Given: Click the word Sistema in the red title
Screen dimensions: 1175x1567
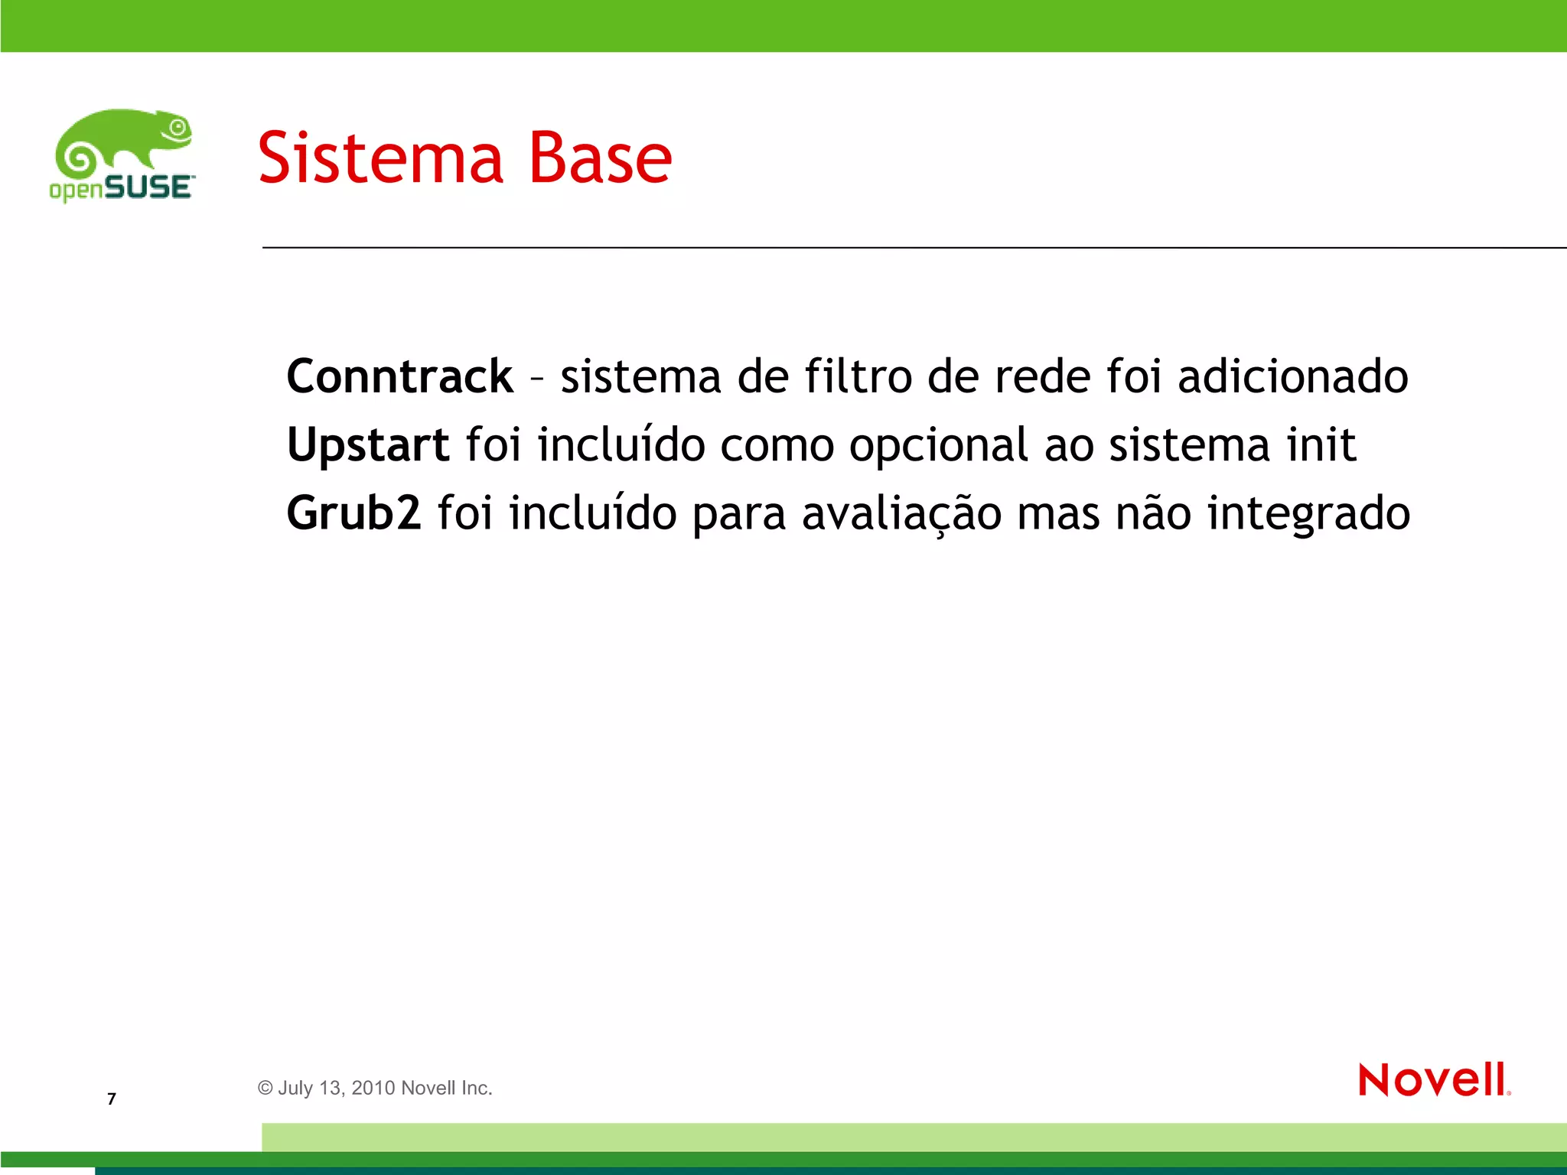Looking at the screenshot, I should (x=380, y=158).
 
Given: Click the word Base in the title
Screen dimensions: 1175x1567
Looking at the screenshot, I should (x=600, y=158).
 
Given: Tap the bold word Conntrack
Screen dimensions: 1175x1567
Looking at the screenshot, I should (x=399, y=376).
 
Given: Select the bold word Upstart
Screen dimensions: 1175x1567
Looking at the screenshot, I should (x=367, y=445).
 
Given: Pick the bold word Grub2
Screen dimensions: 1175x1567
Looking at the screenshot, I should (x=353, y=513).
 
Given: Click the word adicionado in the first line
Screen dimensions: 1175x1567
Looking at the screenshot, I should (x=1292, y=376).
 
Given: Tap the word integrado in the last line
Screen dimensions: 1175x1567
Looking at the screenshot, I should (x=1308, y=514).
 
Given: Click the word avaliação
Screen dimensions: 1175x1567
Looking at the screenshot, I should (x=901, y=514).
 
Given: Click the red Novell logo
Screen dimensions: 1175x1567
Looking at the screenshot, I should (x=1433, y=1079).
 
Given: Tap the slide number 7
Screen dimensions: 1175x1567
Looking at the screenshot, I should (x=112, y=1099).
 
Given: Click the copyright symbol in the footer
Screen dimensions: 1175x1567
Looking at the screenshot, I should (x=266, y=1088).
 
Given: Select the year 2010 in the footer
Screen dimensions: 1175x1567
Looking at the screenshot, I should (x=373, y=1088).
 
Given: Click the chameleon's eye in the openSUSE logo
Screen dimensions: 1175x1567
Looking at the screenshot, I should (x=178, y=128).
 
